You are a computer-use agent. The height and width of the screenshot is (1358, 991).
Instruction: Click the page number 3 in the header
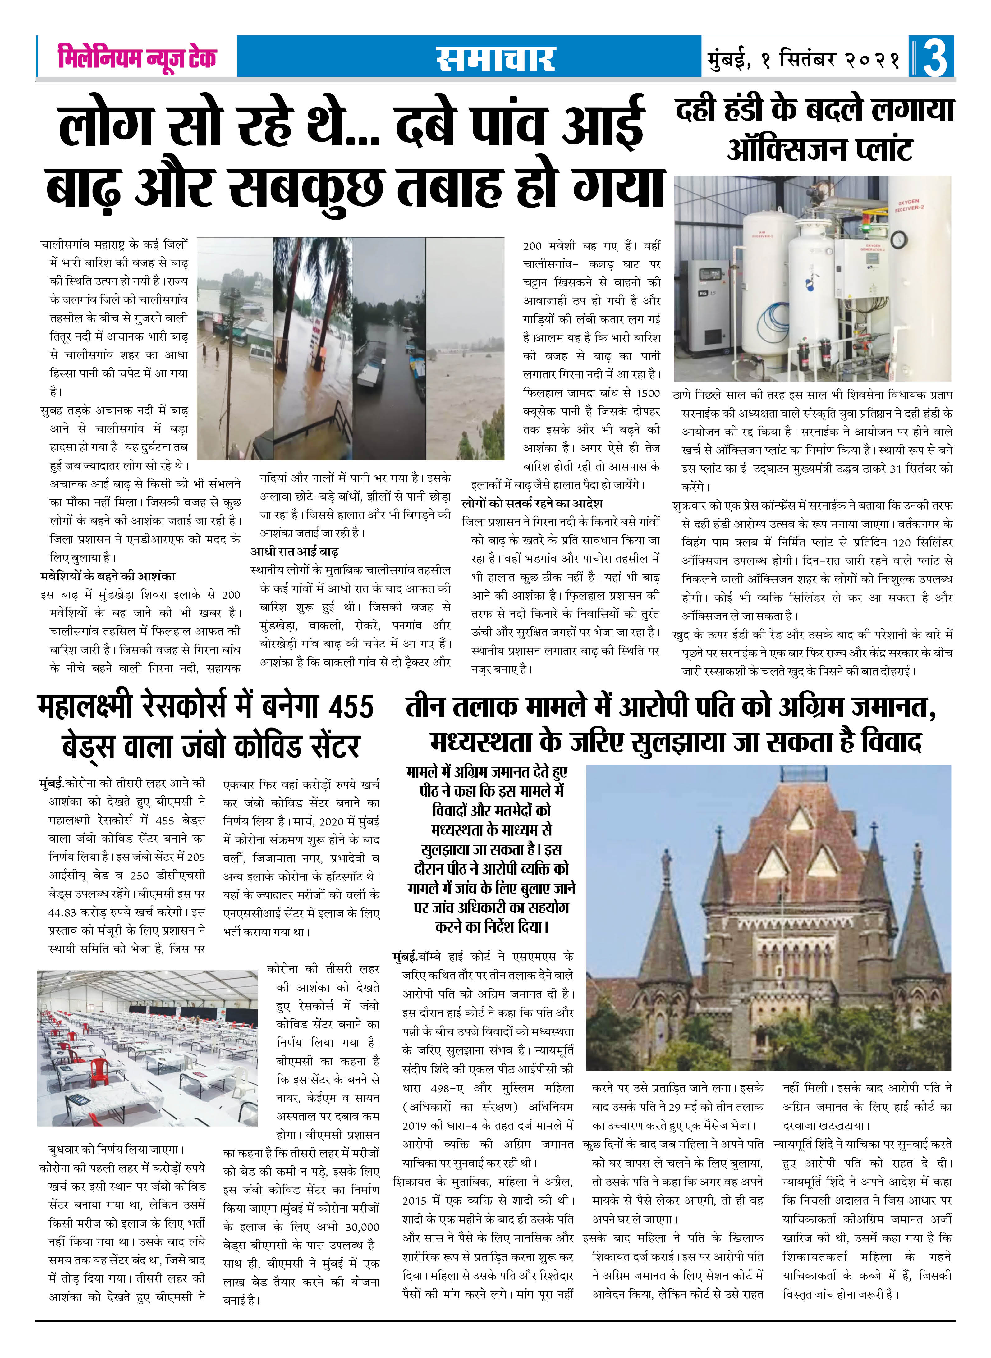(x=935, y=57)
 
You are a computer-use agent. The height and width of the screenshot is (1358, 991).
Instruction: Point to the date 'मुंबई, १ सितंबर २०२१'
(x=804, y=58)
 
